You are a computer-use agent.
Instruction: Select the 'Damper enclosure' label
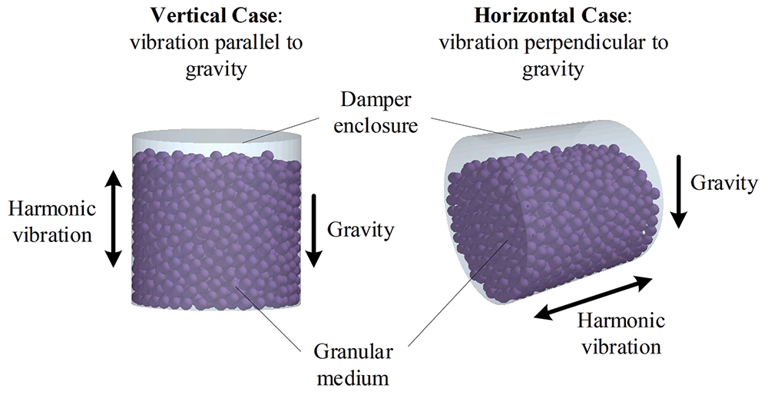pos(376,112)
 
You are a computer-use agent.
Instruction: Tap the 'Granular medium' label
pos(353,365)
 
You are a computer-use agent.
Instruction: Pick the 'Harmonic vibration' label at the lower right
pos(620,333)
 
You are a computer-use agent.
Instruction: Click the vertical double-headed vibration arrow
pos(113,219)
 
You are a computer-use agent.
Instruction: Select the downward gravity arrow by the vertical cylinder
pos(313,231)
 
